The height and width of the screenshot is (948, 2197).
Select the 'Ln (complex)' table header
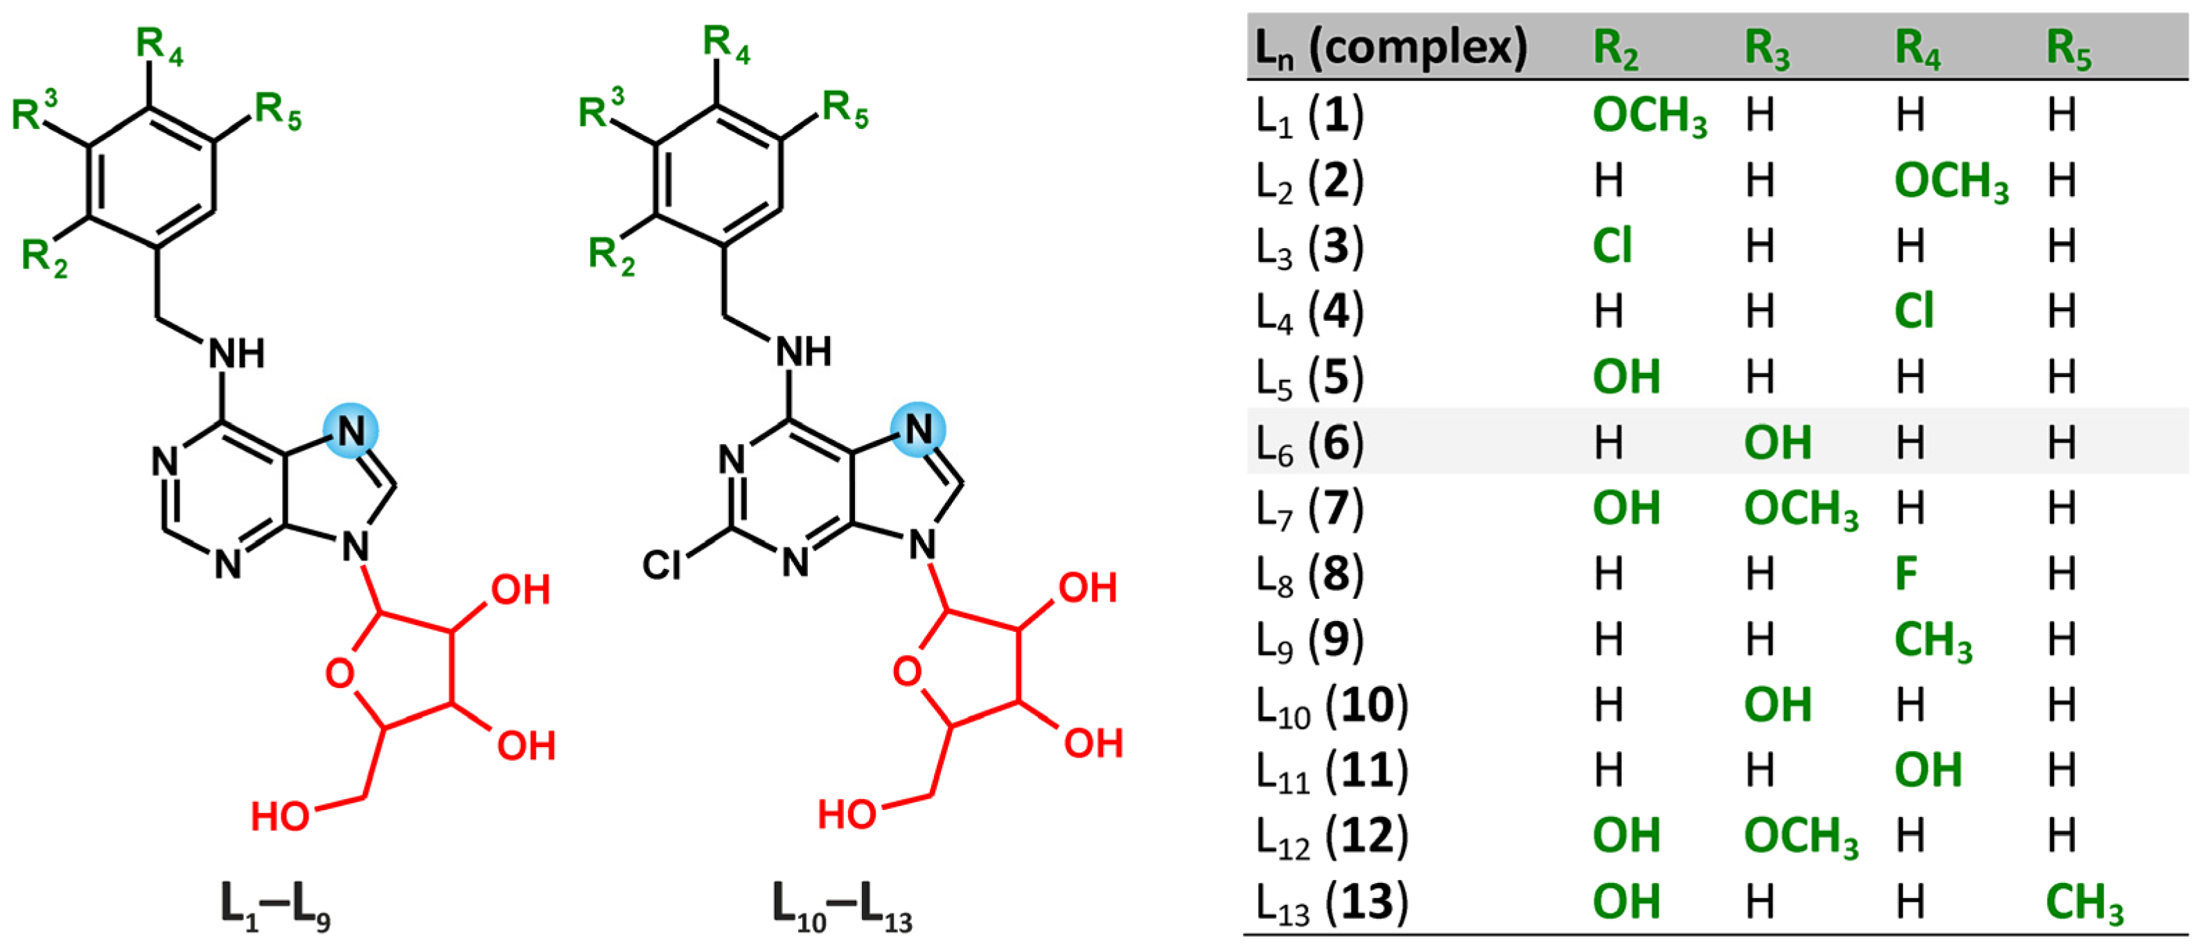(1390, 47)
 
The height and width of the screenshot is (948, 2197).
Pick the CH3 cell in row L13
(2083, 902)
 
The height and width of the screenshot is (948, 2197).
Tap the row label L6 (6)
(1309, 443)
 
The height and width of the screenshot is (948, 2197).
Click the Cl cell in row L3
(1612, 247)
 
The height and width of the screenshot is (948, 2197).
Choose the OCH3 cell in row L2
(1950, 182)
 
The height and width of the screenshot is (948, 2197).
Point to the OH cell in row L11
(1927, 771)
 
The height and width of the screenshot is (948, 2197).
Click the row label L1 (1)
(1309, 115)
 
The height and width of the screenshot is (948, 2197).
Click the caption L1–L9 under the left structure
(274, 906)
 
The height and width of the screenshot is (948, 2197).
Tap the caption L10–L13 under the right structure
(841, 906)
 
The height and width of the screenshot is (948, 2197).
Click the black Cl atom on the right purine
(662, 564)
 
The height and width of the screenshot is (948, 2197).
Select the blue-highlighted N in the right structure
(918, 428)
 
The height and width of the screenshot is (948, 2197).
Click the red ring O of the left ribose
(339, 674)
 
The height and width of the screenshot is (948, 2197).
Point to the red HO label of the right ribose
(846, 815)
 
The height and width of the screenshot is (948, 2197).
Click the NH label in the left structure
(236, 353)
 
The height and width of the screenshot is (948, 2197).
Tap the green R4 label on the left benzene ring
(159, 45)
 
